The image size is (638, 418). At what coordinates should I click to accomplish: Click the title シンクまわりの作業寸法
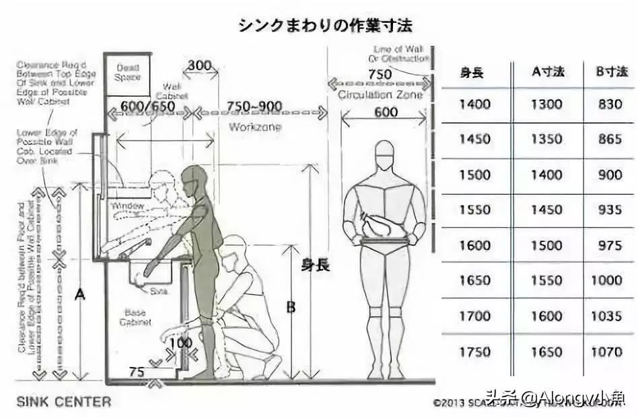[324, 26]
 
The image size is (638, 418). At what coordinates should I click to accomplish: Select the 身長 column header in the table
[471, 71]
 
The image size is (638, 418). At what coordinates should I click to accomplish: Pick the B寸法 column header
[610, 71]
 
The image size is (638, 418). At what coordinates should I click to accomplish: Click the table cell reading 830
[610, 104]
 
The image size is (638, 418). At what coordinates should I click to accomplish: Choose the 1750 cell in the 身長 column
[474, 351]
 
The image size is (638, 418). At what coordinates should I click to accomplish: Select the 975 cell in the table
[610, 245]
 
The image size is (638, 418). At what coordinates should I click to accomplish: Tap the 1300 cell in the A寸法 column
[546, 104]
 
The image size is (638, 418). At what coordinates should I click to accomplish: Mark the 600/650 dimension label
[147, 106]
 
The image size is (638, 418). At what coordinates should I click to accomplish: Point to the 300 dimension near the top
[200, 66]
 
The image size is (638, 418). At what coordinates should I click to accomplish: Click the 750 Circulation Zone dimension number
[380, 74]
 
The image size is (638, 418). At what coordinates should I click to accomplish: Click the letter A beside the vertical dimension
[80, 294]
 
